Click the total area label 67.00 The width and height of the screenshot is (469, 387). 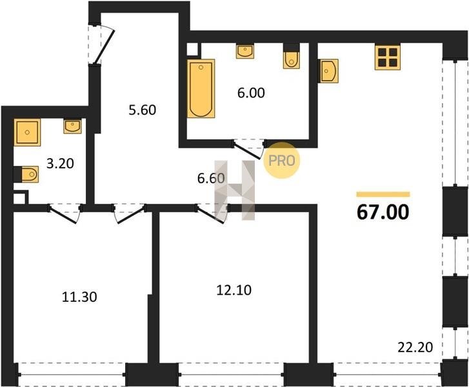[x=383, y=212]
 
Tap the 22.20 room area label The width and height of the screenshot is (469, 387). [x=415, y=347]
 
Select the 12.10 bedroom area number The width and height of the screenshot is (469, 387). [x=234, y=290]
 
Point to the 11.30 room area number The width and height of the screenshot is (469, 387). [x=79, y=297]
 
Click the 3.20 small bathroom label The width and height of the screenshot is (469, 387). [x=60, y=164]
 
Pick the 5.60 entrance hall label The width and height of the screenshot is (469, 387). [x=143, y=110]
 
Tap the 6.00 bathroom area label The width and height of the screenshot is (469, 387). [x=251, y=93]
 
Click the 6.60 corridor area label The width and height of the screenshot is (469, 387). [x=211, y=178]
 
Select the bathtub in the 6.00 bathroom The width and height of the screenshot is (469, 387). [x=201, y=88]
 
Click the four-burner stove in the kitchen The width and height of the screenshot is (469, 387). [x=388, y=57]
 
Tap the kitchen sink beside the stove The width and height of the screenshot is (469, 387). [x=329, y=71]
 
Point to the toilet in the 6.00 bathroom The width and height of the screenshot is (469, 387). [x=292, y=61]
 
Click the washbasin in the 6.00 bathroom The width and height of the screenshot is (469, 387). [x=245, y=52]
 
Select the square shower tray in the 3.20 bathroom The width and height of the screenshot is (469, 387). [x=27, y=132]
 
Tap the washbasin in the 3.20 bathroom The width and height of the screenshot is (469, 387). [x=72, y=126]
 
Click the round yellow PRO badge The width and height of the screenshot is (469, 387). [x=281, y=161]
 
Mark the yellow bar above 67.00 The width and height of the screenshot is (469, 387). [x=383, y=194]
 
